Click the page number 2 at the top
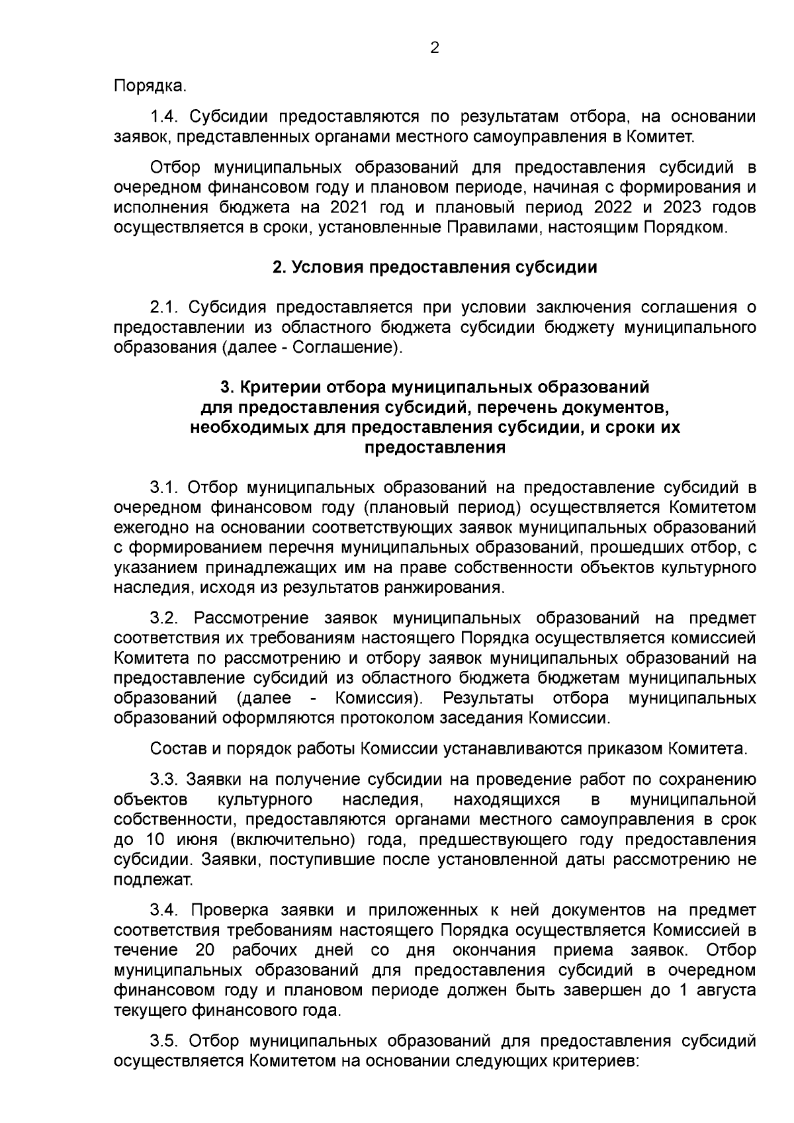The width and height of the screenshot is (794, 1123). click(435, 48)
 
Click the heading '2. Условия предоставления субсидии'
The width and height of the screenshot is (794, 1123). click(435, 267)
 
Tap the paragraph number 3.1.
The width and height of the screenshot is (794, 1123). click(165, 488)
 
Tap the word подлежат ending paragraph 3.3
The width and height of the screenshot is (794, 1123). click(153, 880)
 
